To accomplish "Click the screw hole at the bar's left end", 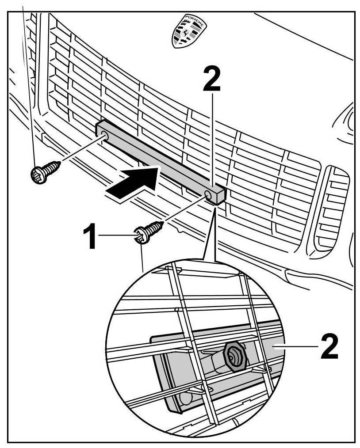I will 104,133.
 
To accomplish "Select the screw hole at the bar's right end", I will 209,195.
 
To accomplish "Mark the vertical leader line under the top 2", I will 213,141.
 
